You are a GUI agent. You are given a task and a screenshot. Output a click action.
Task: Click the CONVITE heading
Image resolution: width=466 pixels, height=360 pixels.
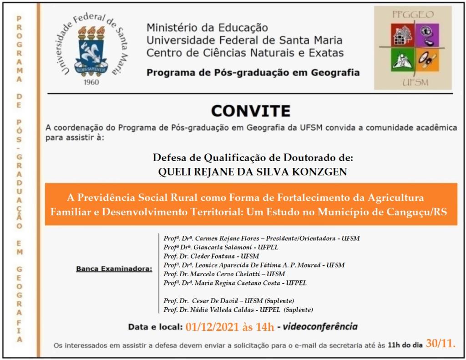(x=251, y=111)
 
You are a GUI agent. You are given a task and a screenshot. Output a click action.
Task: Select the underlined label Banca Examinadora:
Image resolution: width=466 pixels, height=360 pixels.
(x=114, y=269)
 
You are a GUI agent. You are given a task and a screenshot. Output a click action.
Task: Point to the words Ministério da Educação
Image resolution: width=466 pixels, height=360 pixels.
(x=208, y=28)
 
